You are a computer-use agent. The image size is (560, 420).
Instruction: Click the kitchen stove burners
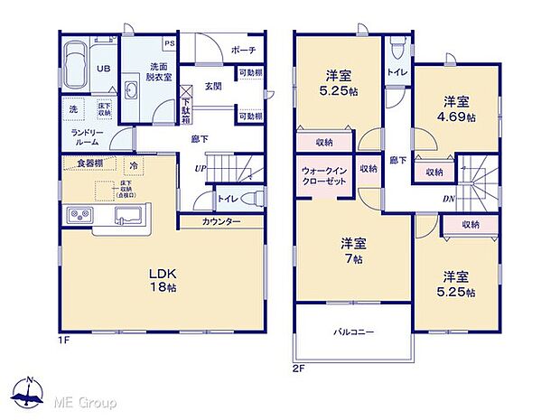pyautogui.click(x=77, y=215)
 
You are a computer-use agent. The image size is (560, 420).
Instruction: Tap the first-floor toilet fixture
pyautogui.click(x=254, y=198)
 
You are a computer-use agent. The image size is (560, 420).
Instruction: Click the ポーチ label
pyautogui.click(x=243, y=51)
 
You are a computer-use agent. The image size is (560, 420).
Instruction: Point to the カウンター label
pyautogui.click(x=221, y=220)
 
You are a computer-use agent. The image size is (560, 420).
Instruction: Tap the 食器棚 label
pyautogui.click(x=89, y=163)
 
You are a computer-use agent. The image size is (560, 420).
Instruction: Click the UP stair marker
pyautogui.click(x=199, y=168)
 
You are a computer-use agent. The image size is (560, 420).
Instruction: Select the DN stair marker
pyautogui.click(x=449, y=200)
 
